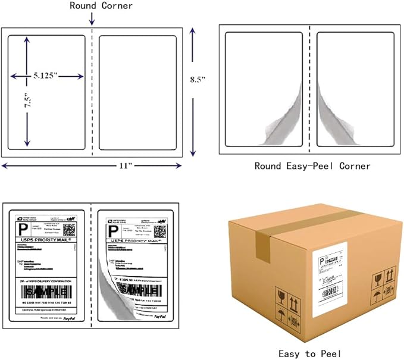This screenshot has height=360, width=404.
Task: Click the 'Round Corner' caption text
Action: [x=101, y=6]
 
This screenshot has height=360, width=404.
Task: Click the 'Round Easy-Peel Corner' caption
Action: [x=312, y=166]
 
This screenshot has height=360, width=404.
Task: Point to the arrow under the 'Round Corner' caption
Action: [x=92, y=20]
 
